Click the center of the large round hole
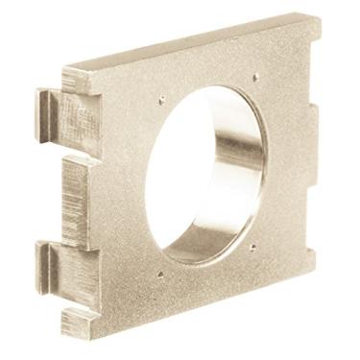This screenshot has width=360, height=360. tap(204, 175)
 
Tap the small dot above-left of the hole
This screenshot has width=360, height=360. tap(163, 97)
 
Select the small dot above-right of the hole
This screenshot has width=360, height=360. tap(255, 77)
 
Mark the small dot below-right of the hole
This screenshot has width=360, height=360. tap(252, 247)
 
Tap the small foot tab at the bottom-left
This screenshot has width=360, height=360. tap(77, 322)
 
